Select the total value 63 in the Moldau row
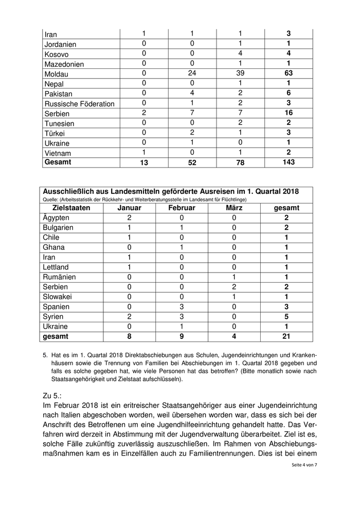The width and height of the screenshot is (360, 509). pyautogui.click(x=289, y=73)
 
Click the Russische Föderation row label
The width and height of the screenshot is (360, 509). pyautogui.click(x=80, y=104)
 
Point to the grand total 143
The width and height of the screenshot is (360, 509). pyautogui.click(x=289, y=162)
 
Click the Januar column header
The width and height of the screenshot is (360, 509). pyautogui.click(x=129, y=208)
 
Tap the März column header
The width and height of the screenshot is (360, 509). pyautogui.click(x=234, y=208)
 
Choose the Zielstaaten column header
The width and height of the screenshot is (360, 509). pyautogui.click(x=71, y=208)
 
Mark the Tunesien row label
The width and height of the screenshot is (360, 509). pyautogui.click(x=60, y=123)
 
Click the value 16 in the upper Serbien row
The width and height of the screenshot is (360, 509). pyautogui.click(x=289, y=113)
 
